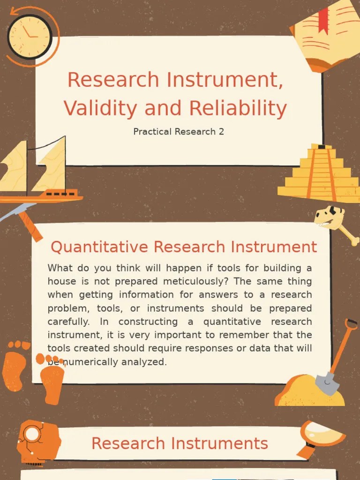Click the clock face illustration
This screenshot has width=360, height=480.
[30, 37]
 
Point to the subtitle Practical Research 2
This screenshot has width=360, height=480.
[179, 132]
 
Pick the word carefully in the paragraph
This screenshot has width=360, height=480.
[69, 322]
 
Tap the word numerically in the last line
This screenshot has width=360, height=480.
[82, 362]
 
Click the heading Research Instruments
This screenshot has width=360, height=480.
[180, 443]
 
